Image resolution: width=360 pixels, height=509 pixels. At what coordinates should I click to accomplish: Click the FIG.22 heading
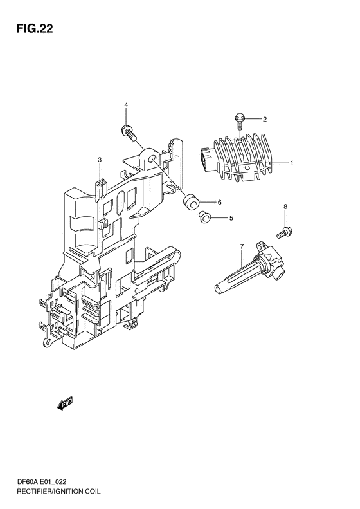tap(35, 28)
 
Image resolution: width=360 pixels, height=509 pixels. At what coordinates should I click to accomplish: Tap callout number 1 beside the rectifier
tap(292, 163)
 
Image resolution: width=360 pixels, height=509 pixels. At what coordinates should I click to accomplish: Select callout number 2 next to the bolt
tap(265, 120)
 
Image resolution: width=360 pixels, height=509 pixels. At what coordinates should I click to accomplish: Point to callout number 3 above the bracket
tap(100, 160)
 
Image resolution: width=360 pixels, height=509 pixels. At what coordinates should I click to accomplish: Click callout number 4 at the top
tap(126, 104)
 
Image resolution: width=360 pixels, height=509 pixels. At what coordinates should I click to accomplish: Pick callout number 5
tap(231, 218)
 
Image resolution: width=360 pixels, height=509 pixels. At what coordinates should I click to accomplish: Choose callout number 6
tap(220, 202)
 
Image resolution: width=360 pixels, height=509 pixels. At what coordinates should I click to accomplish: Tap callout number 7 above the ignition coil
tap(242, 246)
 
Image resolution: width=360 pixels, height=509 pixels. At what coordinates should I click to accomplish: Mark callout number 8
tap(285, 207)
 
